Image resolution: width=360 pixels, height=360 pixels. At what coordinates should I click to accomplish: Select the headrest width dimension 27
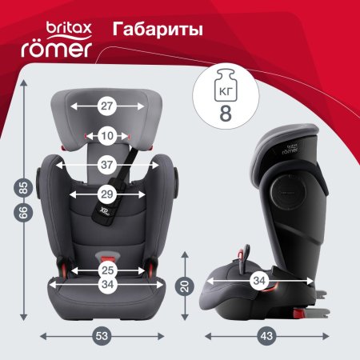pos(106,106)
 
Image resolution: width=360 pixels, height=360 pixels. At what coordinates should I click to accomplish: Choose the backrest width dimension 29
pos(106,194)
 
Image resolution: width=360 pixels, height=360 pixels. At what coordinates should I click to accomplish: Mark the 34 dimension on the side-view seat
pos(259,281)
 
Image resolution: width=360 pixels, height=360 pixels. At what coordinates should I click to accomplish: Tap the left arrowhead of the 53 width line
pos(41,336)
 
